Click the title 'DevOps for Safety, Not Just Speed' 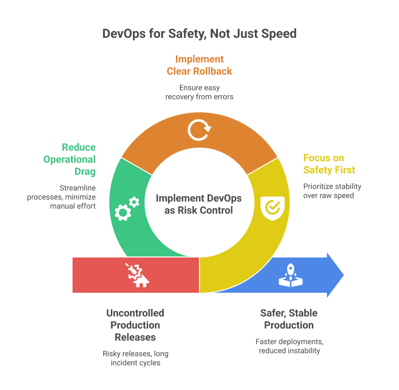199,34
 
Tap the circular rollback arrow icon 199,129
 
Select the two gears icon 126,208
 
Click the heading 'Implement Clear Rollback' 199,65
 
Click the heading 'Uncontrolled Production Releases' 135,325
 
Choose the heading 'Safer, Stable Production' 289,319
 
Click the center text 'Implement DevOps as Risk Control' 199,204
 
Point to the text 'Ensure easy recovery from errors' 199,92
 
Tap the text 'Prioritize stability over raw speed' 332,190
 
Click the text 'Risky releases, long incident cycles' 135,358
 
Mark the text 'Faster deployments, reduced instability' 289,346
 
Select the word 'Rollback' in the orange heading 214,71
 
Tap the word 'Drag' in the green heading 83,171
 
